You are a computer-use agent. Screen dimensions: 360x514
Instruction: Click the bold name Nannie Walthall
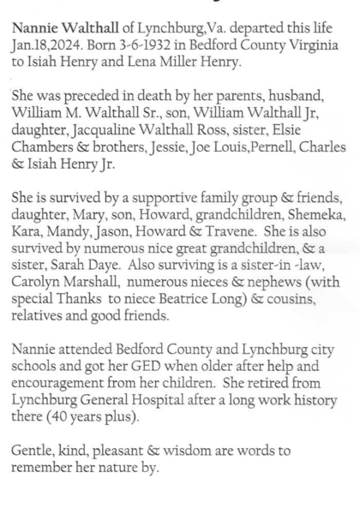63,29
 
